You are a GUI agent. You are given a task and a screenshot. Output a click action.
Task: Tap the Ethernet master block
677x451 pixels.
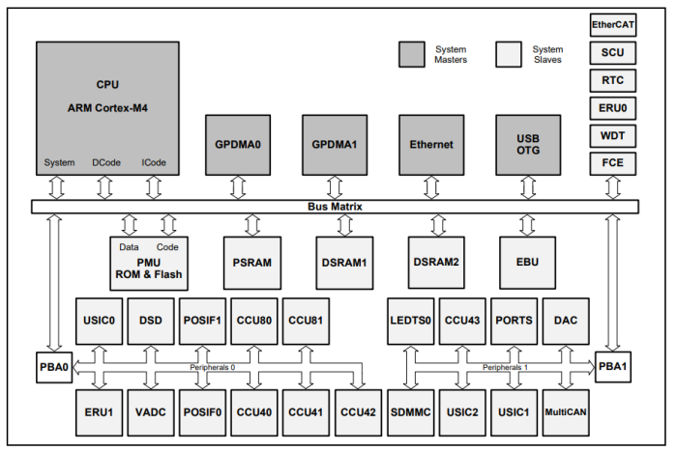(431, 145)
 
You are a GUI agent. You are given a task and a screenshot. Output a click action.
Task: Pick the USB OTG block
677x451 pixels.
(528, 145)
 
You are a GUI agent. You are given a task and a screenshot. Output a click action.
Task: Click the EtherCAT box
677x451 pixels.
(612, 25)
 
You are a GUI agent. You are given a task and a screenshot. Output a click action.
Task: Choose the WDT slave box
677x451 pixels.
(612, 136)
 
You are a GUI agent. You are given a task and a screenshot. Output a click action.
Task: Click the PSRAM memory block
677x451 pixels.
(251, 262)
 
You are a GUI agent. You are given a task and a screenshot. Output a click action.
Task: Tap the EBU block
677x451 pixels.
(528, 262)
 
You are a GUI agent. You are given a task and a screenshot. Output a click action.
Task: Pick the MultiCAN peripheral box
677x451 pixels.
(568, 413)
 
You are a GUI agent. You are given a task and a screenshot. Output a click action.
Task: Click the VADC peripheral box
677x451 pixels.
(152, 413)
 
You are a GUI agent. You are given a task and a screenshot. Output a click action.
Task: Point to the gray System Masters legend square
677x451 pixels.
(412, 55)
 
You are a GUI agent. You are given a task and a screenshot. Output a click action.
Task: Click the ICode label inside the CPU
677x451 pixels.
(154, 162)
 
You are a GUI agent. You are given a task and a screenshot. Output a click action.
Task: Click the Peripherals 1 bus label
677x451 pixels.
(505, 368)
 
